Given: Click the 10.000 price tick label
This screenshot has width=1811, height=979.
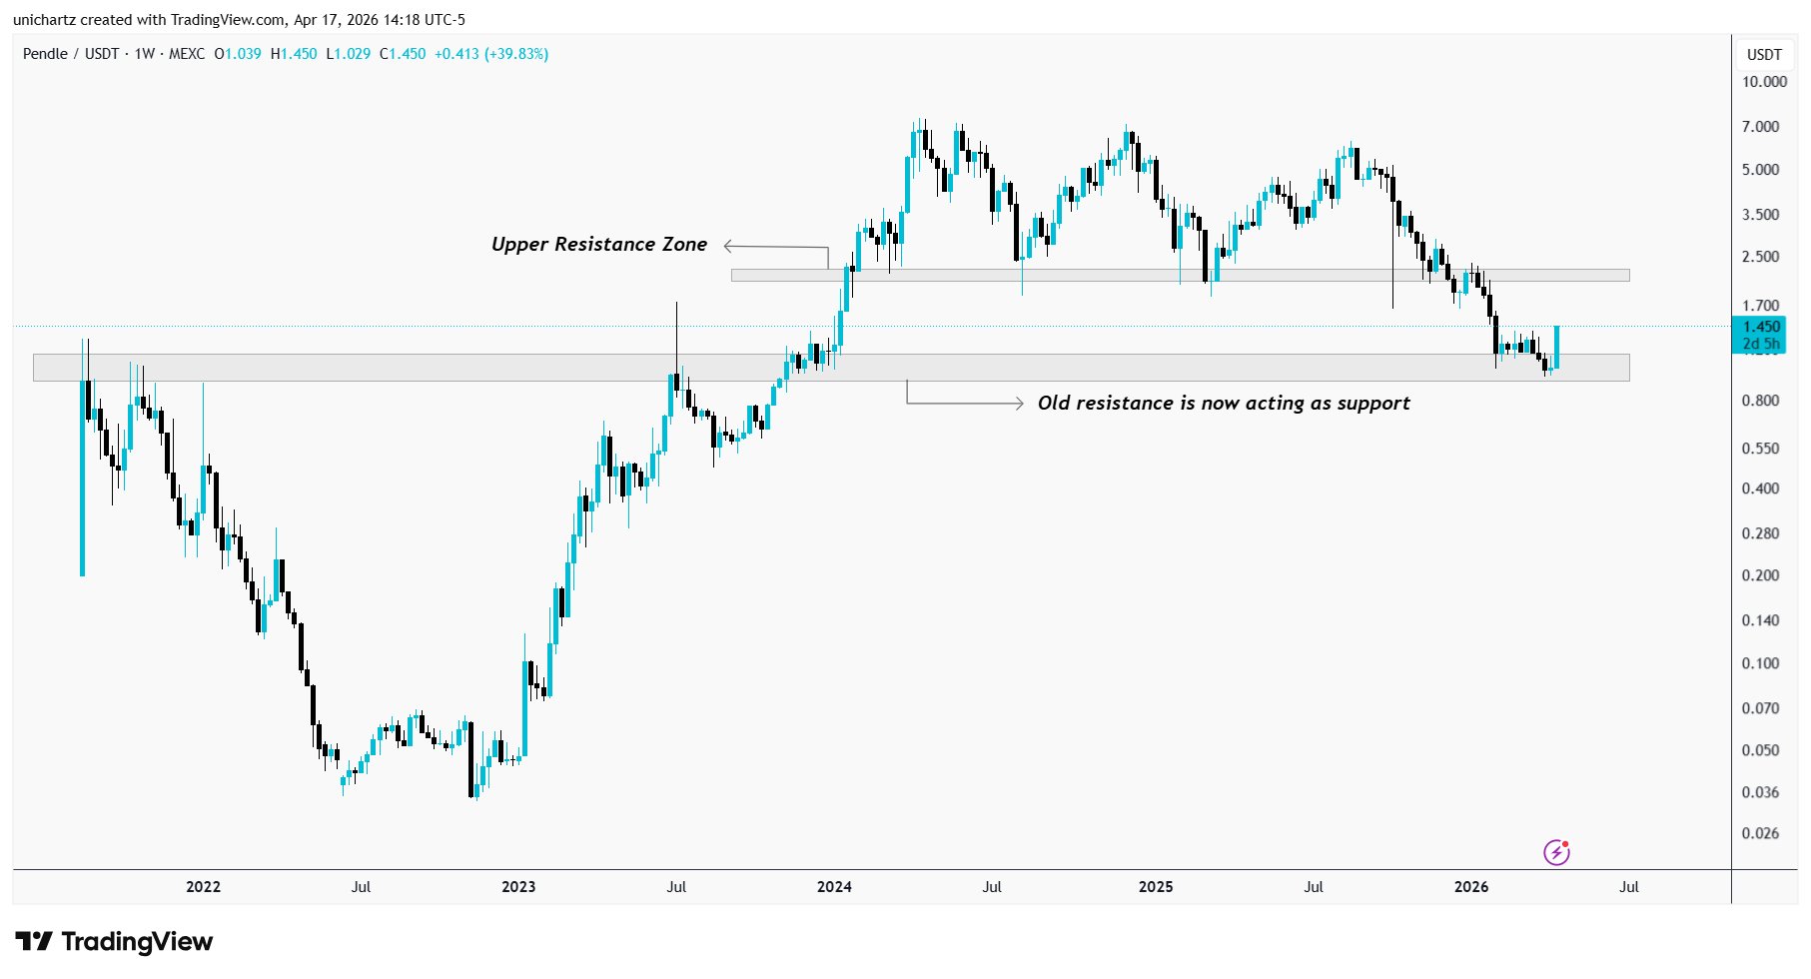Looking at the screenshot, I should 1764,82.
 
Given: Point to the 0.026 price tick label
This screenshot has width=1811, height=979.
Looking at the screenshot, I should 1760,833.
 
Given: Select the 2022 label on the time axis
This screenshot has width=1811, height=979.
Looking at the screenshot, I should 203,886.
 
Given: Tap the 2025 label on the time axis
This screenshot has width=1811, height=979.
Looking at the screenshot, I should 1156,886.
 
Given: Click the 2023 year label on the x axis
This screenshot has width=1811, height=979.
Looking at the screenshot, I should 518,886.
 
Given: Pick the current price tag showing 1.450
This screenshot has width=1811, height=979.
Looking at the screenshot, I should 1760,327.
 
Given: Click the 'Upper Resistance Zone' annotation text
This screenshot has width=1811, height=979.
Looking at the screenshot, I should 598,245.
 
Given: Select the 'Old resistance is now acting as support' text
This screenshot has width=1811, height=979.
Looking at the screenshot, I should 1224,403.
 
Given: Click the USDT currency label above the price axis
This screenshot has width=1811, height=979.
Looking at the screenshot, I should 1764,54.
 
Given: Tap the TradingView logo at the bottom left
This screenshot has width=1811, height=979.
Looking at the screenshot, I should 114,942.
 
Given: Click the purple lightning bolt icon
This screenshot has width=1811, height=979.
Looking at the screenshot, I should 1556,852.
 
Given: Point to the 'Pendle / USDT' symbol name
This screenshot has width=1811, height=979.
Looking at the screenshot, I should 71,54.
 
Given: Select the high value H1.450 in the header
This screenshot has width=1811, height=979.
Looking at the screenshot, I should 294,54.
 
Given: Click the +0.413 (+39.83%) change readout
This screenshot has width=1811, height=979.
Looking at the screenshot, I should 490,54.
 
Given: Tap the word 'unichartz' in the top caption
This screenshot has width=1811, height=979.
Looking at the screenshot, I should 46,20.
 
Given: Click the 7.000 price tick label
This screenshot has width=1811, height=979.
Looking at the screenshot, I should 1760,127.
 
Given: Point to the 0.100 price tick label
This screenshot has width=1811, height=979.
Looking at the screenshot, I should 1760,663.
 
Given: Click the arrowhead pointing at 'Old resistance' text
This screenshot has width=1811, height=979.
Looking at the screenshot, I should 1018,404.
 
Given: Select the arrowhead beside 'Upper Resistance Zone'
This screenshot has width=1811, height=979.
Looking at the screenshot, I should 729,246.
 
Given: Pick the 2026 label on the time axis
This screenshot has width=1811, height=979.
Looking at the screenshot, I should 1471,886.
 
